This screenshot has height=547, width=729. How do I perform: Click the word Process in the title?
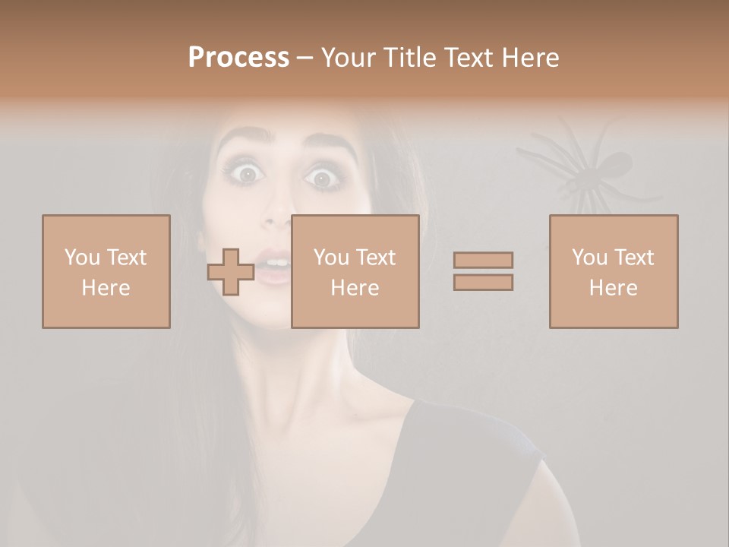(x=238, y=58)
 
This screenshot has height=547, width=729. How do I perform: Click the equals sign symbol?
(x=483, y=271)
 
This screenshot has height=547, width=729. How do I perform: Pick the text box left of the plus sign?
(x=106, y=271)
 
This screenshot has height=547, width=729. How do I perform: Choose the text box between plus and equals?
(x=355, y=271)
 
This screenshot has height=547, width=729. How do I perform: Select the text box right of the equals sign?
(x=614, y=271)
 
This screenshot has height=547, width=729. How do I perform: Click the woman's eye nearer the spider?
(x=323, y=179)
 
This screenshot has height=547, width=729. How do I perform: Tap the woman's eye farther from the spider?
(x=248, y=174)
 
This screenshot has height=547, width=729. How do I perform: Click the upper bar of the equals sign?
(x=483, y=261)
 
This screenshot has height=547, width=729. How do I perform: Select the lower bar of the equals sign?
(x=483, y=282)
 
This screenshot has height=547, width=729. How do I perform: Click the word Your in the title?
(x=349, y=58)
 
